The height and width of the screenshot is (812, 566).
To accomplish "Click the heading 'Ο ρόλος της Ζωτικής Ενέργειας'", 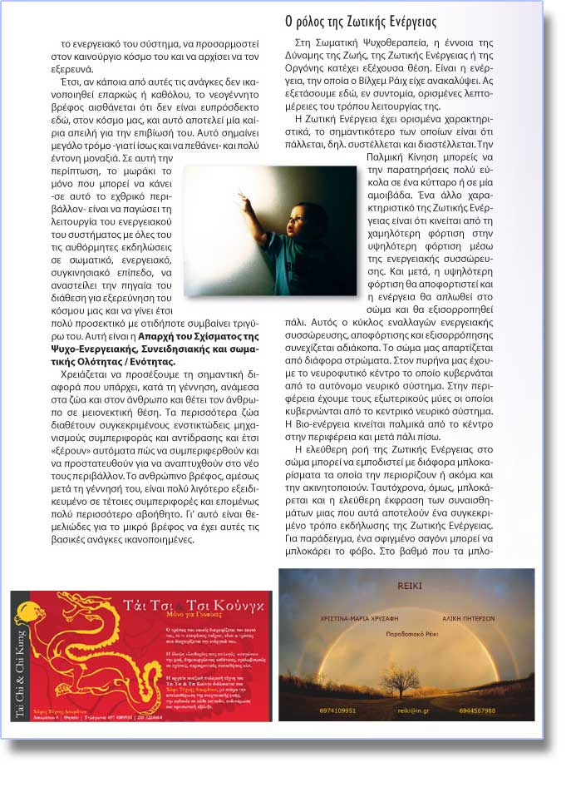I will (360, 21).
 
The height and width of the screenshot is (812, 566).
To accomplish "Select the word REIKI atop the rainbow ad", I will (410, 586).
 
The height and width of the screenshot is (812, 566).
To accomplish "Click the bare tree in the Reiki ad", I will (401, 680).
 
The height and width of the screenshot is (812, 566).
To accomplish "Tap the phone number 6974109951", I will (337, 710).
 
